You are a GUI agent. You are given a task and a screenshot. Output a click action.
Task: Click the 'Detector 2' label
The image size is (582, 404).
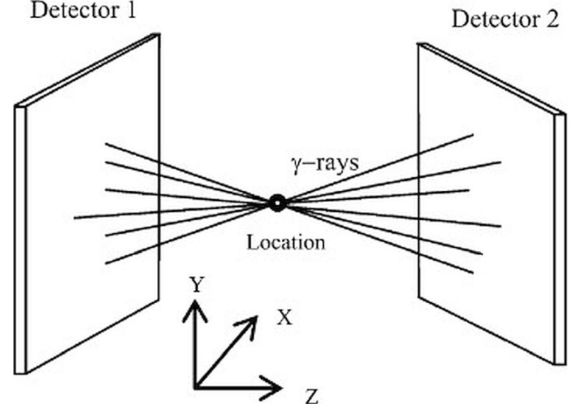[505, 20]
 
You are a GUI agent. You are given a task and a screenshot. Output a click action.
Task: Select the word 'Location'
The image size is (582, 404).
[286, 242]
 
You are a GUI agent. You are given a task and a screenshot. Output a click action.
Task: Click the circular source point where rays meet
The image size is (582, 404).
[277, 203]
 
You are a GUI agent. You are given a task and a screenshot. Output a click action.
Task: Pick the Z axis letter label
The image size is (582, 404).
[311, 398]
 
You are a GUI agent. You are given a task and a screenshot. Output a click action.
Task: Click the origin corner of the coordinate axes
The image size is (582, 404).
[196, 386]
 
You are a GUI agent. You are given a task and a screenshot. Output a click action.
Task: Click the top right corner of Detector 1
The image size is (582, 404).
[158, 34]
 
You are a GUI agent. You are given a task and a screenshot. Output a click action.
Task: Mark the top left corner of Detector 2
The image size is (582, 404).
[419, 45]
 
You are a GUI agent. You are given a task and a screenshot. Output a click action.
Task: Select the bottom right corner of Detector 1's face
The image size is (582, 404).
[158, 299]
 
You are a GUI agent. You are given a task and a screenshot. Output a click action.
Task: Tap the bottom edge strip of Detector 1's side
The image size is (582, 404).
[20, 370]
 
